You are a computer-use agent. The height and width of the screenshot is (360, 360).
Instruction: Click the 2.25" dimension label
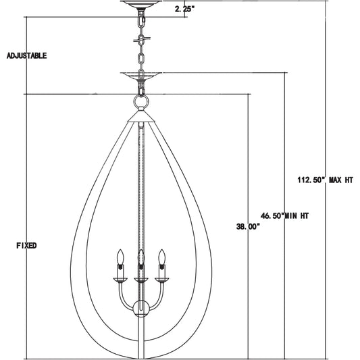184,10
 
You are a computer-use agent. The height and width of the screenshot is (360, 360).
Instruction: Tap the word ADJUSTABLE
27,56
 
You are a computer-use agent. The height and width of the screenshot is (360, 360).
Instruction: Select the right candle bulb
161,259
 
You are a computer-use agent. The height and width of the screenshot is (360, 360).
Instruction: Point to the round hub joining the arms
141,309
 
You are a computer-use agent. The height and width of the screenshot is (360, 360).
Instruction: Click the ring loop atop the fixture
141,102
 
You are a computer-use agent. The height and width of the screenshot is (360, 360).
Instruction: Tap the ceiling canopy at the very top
142,4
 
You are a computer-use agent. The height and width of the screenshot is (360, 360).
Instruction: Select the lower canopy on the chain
141,76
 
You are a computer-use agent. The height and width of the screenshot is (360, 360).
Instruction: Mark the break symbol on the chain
141,40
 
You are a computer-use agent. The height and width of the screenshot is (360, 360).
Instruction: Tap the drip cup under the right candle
161,278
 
